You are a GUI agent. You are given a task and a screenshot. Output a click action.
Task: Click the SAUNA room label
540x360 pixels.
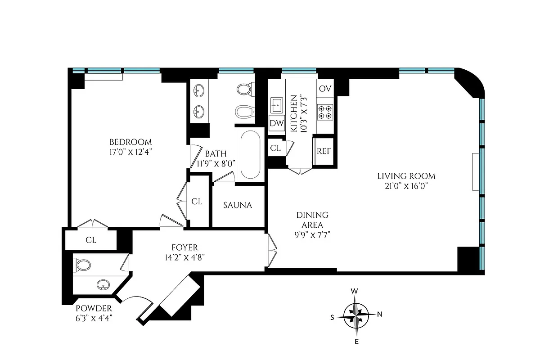tap(238, 205)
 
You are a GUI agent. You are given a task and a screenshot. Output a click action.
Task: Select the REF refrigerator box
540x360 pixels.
tap(324, 151)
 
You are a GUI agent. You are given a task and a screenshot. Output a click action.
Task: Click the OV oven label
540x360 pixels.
tap(325, 89)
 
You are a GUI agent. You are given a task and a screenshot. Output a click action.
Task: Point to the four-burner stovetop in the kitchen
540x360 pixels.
tap(325, 112)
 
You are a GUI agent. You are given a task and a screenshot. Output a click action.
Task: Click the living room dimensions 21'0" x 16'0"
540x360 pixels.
tap(406, 186)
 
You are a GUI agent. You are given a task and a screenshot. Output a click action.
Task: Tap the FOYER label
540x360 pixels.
tap(184, 247)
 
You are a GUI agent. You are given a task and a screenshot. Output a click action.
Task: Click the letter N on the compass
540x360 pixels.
tap(379, 315)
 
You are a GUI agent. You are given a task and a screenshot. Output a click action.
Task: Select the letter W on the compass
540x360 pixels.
tap(355, 292)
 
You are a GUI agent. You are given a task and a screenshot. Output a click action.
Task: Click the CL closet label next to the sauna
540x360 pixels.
tap(197, 202)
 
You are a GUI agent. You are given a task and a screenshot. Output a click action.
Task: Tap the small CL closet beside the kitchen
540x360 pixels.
tap(275, 148)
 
